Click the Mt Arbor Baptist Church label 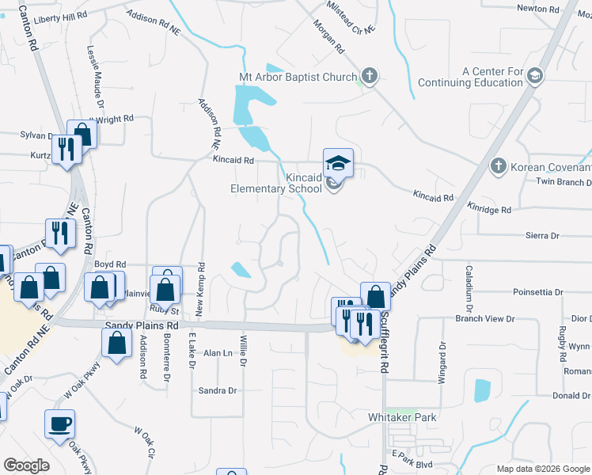pyautogui.click(x=298, y=78)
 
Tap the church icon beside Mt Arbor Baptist pyautogui.click(x=368, y=77)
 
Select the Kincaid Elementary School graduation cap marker pyautogui.click(x=338, y=161)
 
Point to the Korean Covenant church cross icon pyautogui.click(x=498, y=167)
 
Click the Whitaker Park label pyautogui.click(x=402, y=417)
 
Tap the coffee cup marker pyautogui.click(x=59, y=424)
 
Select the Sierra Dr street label pyautogui.click(x=542, y=236)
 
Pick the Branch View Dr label pyautogui.click(x=484, y=319)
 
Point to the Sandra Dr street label pyautogui.click(x=218, y=390)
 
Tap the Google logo pyautogui.click(x=26, y=465)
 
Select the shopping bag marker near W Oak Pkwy pyautogui.click(x=116, y=343)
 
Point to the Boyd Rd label pyautogui.click(x=110, y=264)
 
